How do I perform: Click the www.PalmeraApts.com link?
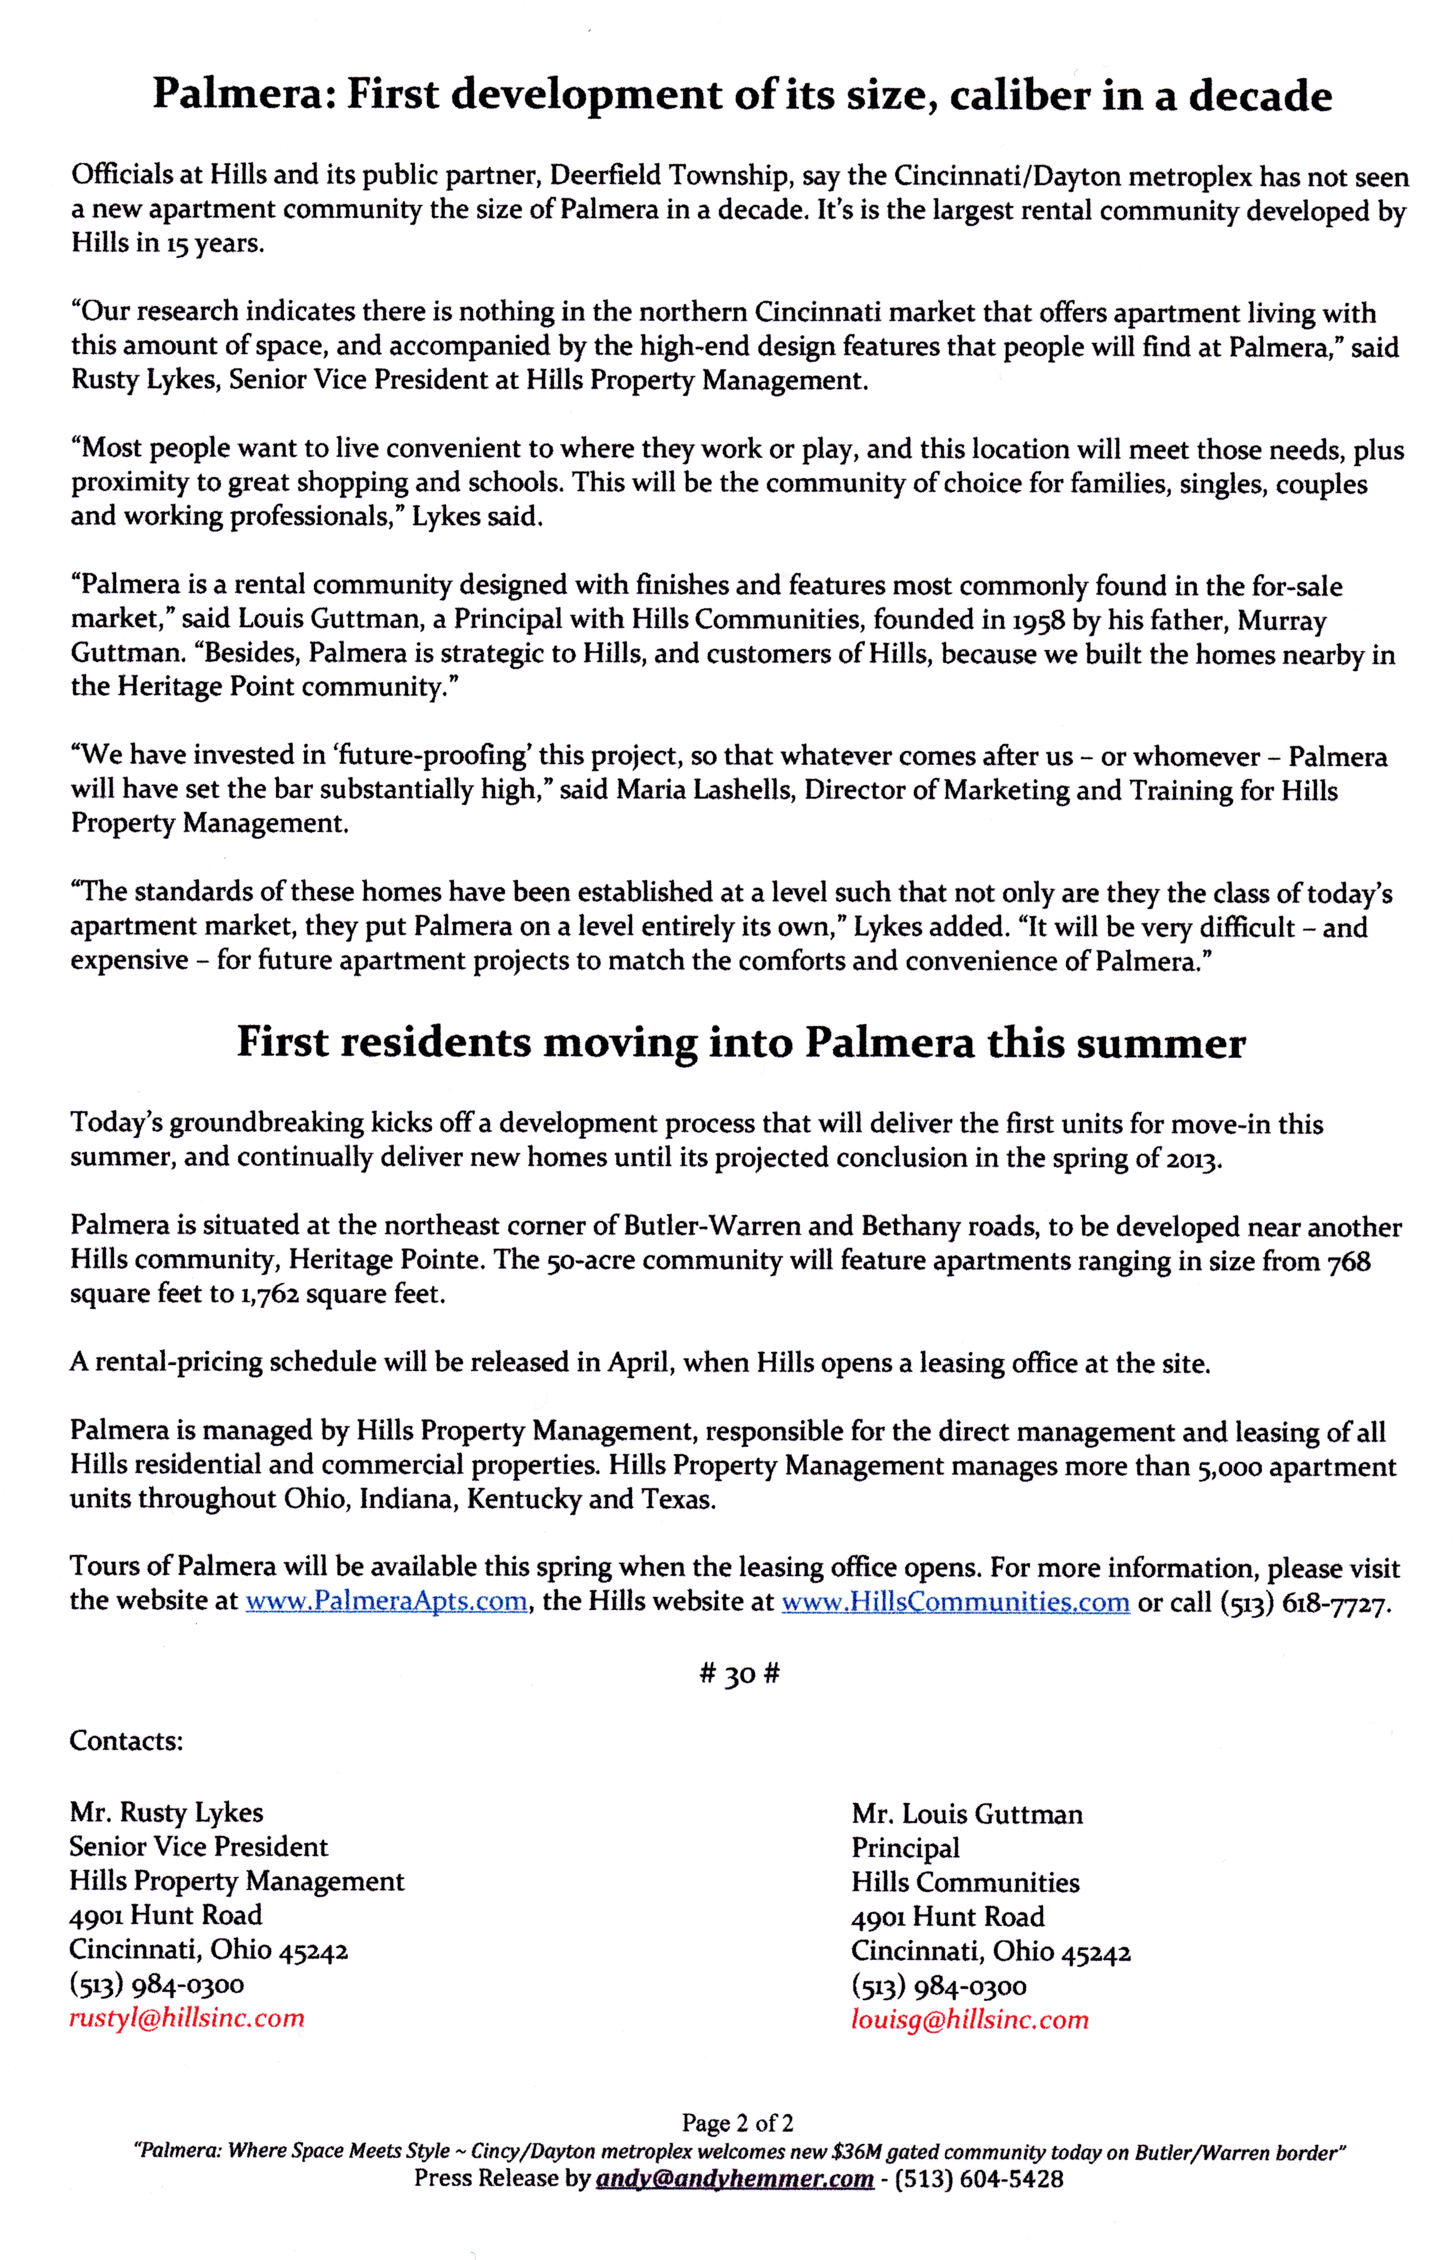386,1601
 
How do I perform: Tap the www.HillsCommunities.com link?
955,1601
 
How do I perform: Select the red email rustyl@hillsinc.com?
186,2018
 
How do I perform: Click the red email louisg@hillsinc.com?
969,2020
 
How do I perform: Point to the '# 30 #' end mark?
739,1674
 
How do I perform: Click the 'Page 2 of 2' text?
737,2124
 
